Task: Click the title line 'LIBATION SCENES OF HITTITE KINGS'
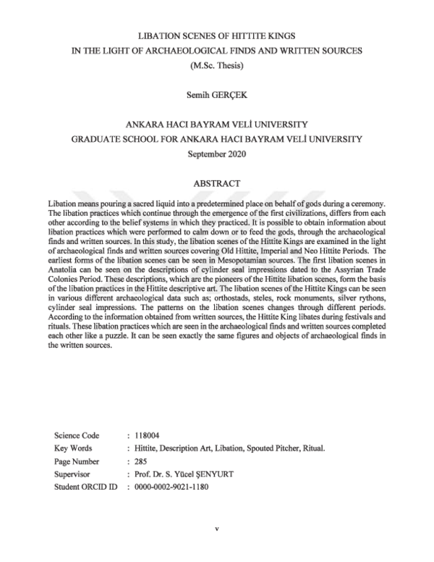(x=217, y=35)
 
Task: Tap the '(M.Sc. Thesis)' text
(x=217, y=66)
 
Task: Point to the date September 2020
(x=217, y=154)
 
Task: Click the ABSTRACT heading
(x=217, y=184)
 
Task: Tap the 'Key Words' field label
(x=73, y=448)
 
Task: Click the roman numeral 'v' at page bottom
(x=217, y=529)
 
